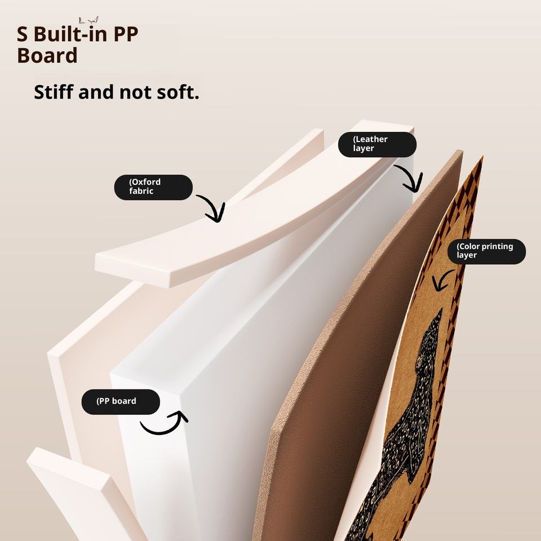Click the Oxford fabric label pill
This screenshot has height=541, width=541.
coord(153,187)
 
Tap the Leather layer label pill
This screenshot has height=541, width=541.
coord(377,144)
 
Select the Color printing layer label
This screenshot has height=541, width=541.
coord(486,251)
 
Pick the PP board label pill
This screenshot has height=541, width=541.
coord(121,402)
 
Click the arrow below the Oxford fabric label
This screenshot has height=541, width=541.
coord(211,207)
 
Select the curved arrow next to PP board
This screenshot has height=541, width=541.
coord(165,424)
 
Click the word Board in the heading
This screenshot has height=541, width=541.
coord(47,56)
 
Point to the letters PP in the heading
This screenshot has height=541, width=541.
coord(125,34)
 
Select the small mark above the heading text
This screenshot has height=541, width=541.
coord(89,20)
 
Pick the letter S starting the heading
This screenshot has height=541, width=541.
coord(23,34)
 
